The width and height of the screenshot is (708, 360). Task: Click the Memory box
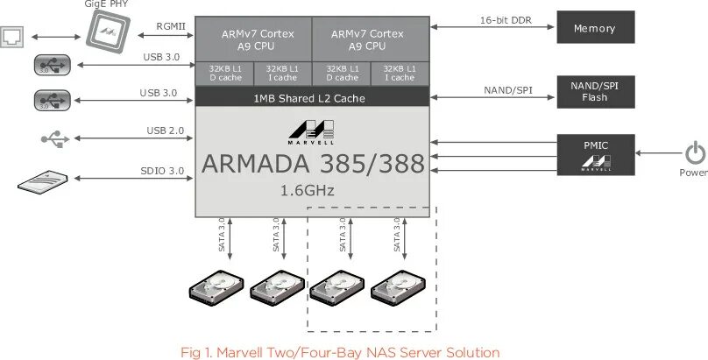(x=594, y=29)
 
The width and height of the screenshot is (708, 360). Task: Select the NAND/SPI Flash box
(x=594, y=91)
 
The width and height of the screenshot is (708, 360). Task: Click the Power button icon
(x=694, y=153)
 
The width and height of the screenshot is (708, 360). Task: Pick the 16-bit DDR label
(x=506, y=19)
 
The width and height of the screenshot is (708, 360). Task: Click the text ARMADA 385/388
(x=312, y=164)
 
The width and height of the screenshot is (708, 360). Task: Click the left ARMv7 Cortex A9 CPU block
(x=253, y=39)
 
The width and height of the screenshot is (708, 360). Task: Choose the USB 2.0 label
(x=165, y=131)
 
